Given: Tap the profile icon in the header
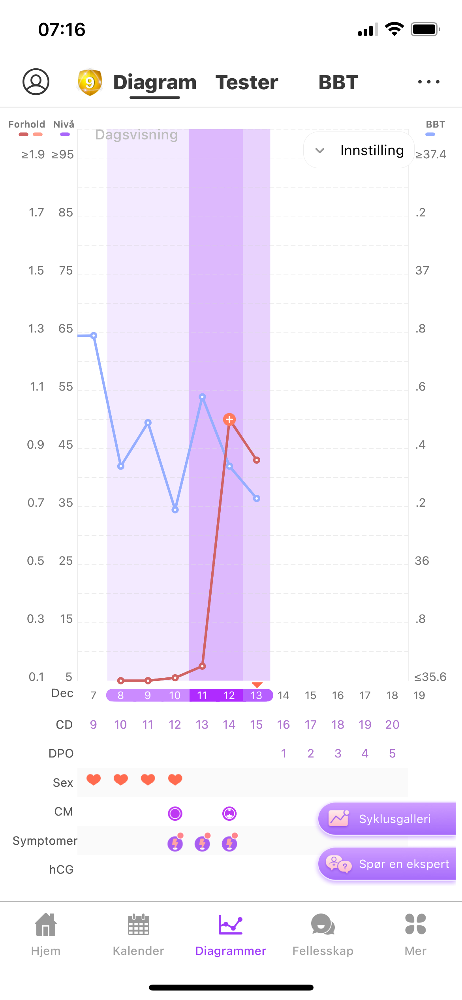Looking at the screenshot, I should click(x=36, y=82).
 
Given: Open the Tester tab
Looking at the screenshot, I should click(x=247, y=83).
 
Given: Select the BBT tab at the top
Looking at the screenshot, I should click(x=338, y=83).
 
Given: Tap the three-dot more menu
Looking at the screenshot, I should click(x=428, y=82).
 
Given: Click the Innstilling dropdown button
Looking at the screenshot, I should click(x=359, y=150).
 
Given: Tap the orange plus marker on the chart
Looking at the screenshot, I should click(x=229, y=419).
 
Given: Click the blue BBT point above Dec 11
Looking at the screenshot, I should click(x=202, y=397).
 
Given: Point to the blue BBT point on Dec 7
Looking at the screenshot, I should click(x=94, y=336).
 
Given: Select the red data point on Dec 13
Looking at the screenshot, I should click(x=257, y=460).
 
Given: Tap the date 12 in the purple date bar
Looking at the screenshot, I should click(x=229, y=695).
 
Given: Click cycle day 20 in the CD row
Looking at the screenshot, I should click(x=392, y=725).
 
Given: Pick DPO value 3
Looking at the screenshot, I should click(x=338, y=754).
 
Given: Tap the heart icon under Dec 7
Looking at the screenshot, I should click(x=94, y=780).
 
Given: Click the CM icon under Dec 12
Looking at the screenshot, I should click(x=229, y=814).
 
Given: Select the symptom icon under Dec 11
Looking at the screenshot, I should click(x=202, y=844).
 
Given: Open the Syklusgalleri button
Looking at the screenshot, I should click(x=387, y=819).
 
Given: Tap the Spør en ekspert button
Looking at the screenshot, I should click(x=387, y=864).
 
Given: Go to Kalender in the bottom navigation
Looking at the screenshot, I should click(x=138, y=934).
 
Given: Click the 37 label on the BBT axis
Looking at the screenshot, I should click(x=422, y=271).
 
